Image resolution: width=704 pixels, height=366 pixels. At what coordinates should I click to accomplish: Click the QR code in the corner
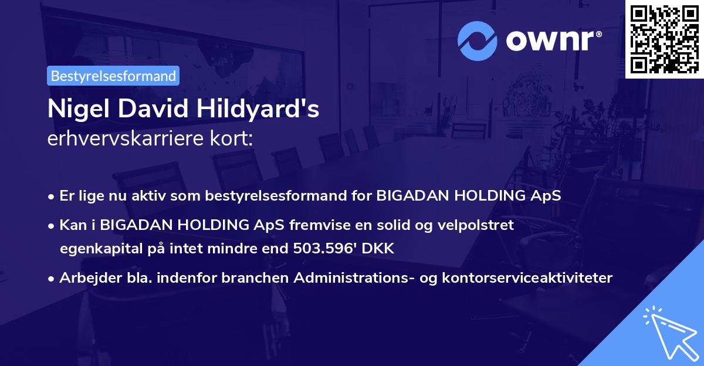coord(664,39)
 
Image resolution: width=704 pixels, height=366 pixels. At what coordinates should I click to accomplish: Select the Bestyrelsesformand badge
coord(113,76)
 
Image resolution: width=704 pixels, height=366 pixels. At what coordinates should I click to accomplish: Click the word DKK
coord(379,249)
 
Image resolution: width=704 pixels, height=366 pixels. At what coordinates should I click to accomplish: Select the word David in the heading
coord(155,109)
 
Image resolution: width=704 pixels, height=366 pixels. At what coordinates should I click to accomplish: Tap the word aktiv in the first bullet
coord(147,196)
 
